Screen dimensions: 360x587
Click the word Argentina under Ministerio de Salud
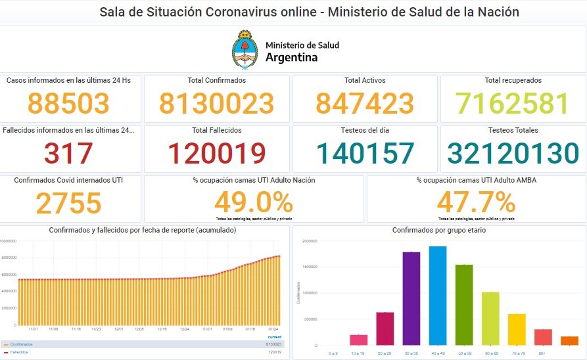[x=291, y=58]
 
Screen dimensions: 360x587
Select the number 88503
[x=68, y=104]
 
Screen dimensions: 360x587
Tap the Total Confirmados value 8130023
[x=216, y=104]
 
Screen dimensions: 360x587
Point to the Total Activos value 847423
[x=365, y=104]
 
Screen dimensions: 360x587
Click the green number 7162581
[x=513, y=104]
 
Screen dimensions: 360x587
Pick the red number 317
[x=68, y=153]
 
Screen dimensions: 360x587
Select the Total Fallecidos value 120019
[x=216, y=153]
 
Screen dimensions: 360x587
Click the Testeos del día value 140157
[x=365, y=153]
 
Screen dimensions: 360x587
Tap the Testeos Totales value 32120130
[x=513, y=153]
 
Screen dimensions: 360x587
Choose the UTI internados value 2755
[x=68, y=203]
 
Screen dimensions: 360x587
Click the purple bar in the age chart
[x=411, y=298]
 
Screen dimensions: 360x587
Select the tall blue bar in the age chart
[x=438, y=296]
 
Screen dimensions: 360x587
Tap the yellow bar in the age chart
[x=517, y=329]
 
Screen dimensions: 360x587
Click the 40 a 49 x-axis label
[x=438, y=353]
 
